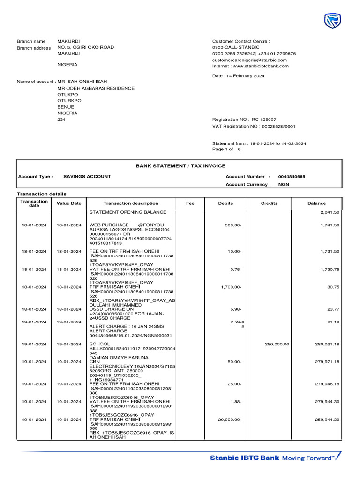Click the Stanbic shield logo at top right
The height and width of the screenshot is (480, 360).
click(x=332, y=21)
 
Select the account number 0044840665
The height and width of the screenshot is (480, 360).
click(x=292, y=177)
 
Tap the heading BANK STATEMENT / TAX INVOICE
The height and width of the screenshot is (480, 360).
click(x=180, y=166)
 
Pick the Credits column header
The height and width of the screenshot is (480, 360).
click(x=269, y=203)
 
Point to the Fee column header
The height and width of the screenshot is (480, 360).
click(x=190, y=203)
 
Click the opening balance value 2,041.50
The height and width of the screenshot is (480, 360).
click(x=330, y=212)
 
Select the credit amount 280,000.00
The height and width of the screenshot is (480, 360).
click(x=277, y=345)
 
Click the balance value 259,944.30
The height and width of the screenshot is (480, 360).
click(x=327, y=420)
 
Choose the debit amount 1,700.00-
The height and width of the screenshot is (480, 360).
click(x=231, y=287)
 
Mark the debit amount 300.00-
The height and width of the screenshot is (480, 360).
click(x=233, y=225)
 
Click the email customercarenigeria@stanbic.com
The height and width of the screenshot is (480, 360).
click(x=249, y=60)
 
